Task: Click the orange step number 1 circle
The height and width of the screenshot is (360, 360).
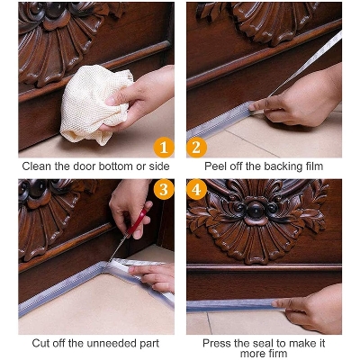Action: (x=163, y=147)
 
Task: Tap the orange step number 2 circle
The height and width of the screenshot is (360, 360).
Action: (x=197, y=147)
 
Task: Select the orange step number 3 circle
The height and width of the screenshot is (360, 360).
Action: (x=163, y=190)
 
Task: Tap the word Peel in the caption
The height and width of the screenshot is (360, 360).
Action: (x=217, y=166)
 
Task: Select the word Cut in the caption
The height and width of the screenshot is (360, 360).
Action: (x=42, y=344)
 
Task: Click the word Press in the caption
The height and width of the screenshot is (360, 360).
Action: (x=218, y=344)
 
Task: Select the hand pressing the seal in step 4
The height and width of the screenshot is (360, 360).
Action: (x=315, y=310)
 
